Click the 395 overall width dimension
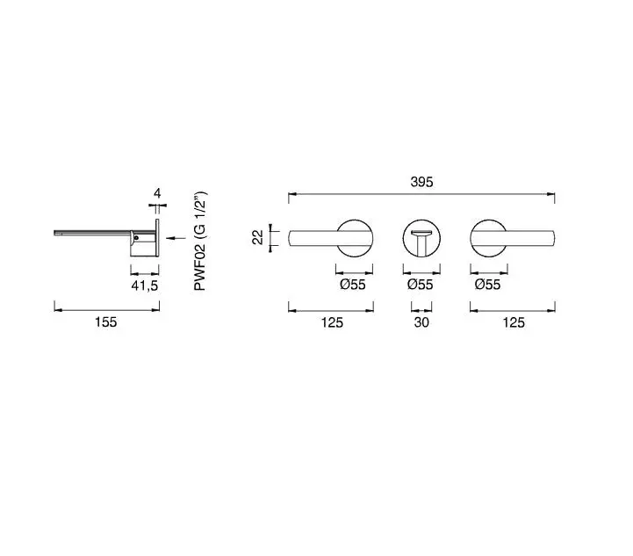click(x=422, y=182)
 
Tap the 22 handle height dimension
click(x=257, y=237)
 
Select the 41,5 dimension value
click(x=145, y=285)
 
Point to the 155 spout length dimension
click(x=105, y=322)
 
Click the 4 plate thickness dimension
click(x=157, y=193)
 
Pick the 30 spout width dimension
click(x=421, y=322)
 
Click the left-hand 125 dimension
click(x=332, y=322)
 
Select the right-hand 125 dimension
click(x=514, y=322)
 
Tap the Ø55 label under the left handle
click(x=352, y=285)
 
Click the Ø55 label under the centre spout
click(x=420, y=285)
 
